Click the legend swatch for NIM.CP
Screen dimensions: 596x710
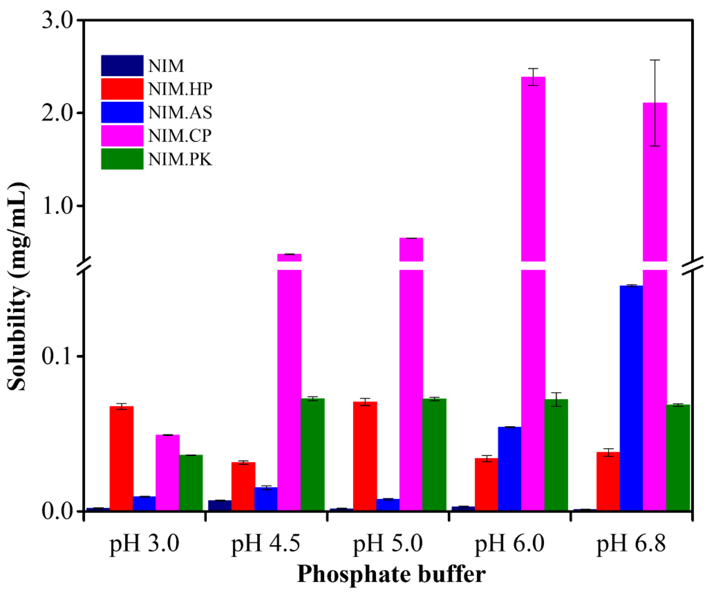click(122, 136)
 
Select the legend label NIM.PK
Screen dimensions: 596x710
click(180, 159)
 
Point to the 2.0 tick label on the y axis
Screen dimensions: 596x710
click(57, 113)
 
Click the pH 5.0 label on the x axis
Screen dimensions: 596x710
click(388, 544)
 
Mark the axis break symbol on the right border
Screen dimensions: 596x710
click(693, 266)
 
